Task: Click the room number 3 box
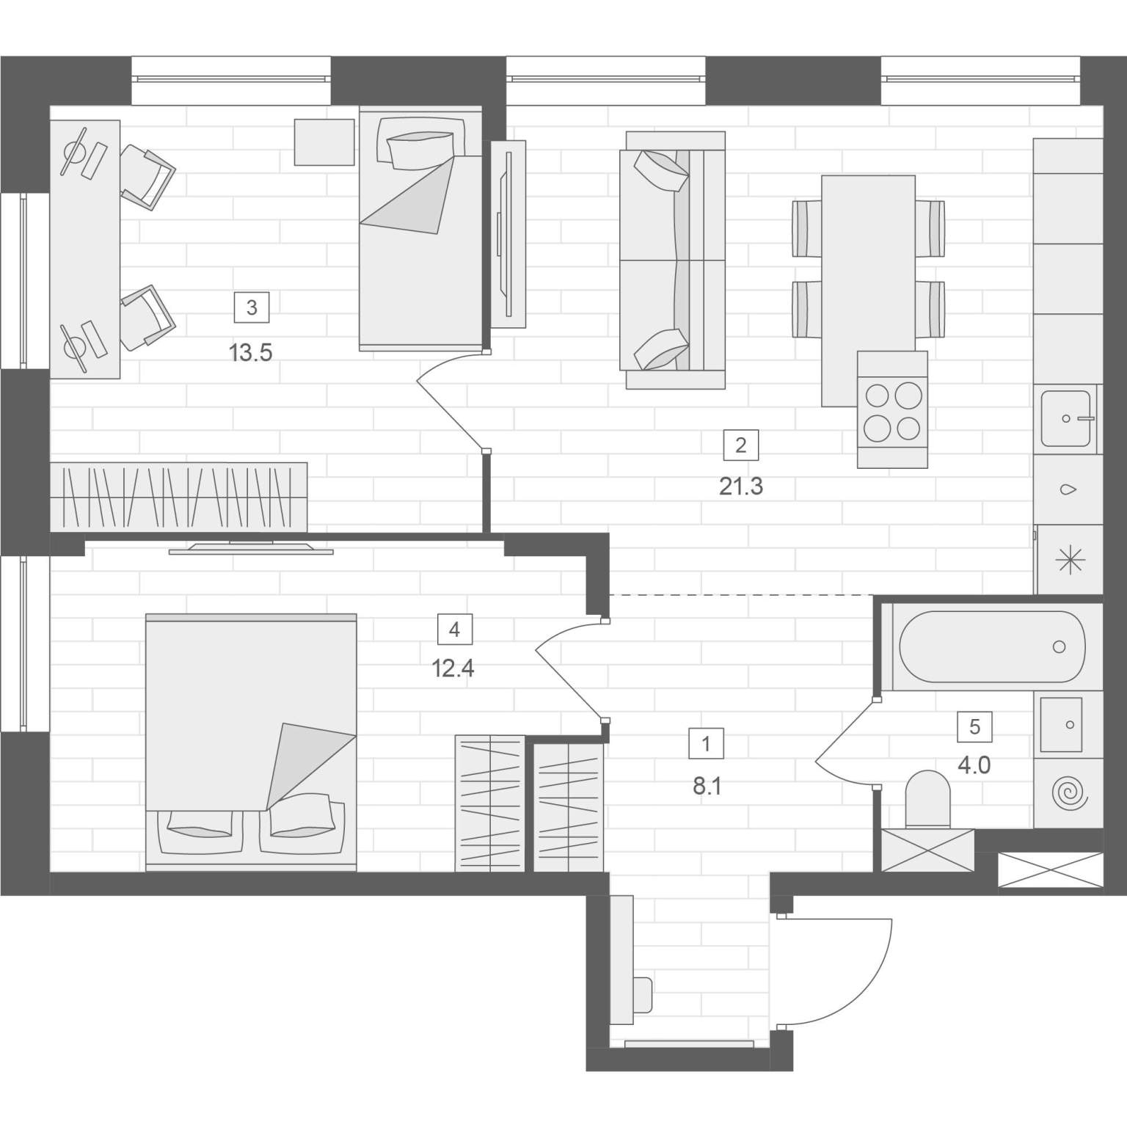tap(252, 307)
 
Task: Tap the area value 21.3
tap(741, 486)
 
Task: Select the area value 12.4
tap(453, 668)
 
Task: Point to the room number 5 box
tap(974, 726)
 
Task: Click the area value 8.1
tap(707, 787)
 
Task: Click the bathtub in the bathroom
tap(992, 646)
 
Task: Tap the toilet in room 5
tap(928, 800)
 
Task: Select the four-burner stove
tap(892, 409)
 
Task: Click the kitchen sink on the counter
tap(1068, 418)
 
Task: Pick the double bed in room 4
tap(252, 743)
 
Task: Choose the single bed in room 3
tap(420, 228)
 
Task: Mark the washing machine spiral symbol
tap(1068, 794)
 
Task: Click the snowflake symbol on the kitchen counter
tap(1069, 561)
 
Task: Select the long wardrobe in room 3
tap(178, 497)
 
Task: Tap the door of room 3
tap(449, 401)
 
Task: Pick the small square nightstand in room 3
tap(324, 142)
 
